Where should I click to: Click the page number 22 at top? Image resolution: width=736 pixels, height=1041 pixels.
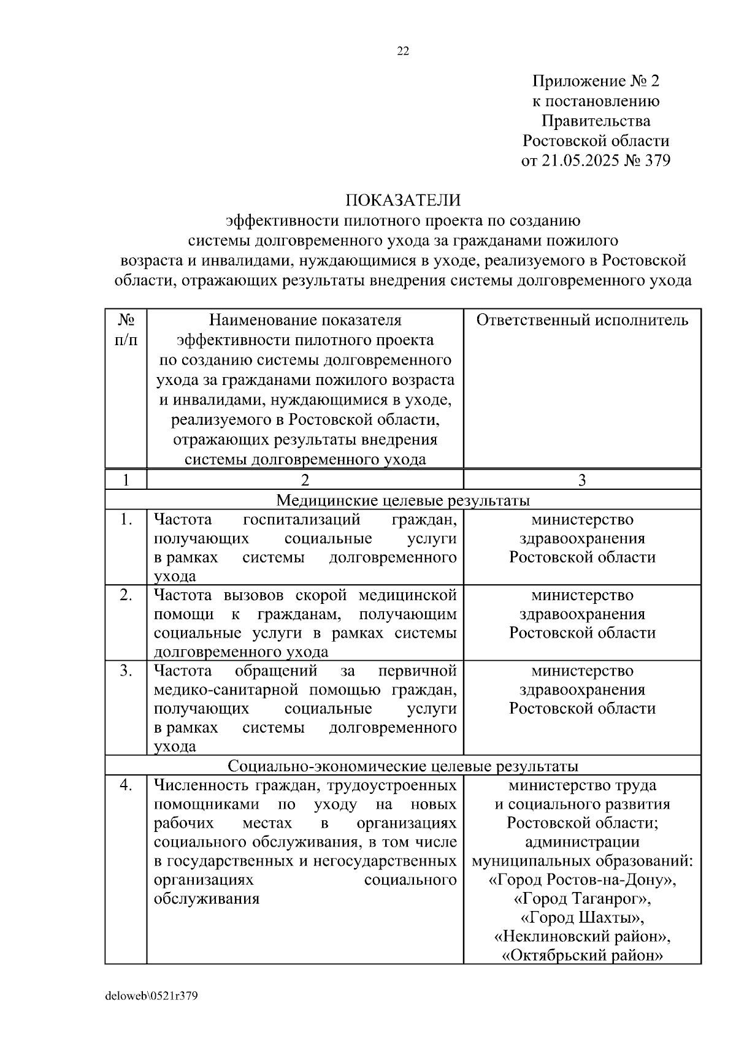[x=403, y=51]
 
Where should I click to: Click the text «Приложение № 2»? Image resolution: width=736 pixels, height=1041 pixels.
[x=595, y=81]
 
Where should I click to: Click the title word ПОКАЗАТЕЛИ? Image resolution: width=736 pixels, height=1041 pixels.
[x=403, y=200]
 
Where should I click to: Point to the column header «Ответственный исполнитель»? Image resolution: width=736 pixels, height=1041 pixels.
[x=582, y=320]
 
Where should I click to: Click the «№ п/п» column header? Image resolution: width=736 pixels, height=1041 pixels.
[x=126, y=329]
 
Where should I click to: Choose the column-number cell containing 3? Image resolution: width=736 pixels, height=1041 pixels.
[x=582, y=480]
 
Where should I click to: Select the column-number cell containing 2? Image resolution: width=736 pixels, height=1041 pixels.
[x=305, y=480]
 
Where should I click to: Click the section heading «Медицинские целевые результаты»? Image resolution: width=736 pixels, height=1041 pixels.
[x=403, y=500]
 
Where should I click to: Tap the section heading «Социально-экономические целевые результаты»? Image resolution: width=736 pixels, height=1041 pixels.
[x=403, y=766]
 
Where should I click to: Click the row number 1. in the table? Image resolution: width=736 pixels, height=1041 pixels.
[x=126, y=520]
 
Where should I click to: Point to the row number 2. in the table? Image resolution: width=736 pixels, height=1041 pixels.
[x=126, y=595]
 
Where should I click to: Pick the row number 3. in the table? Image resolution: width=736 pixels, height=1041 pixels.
[x=126, y=671]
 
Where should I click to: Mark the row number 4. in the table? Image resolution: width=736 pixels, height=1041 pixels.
[x=126, y=785]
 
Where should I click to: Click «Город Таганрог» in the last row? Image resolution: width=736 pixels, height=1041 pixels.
[x=582, y=899]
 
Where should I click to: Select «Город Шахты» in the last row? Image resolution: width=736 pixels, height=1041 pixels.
[x=582, y=918]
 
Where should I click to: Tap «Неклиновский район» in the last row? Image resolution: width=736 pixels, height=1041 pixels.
[x=582, y=937]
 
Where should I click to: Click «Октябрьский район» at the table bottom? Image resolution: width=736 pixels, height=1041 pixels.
[x=582, y=956]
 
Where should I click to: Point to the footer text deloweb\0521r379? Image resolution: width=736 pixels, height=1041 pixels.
[x=151, y=996]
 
